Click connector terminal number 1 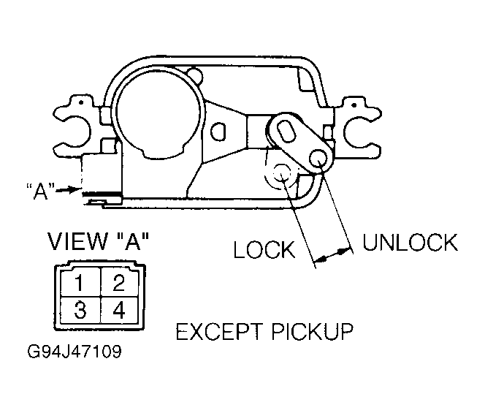(x=80, y=282)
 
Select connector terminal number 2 (x=119, y=282)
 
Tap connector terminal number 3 (x=80, y=310)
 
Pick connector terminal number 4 (x=119, y=310)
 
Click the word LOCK (x=264, y=249)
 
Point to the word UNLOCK (x=410, y=243)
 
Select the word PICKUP (x=312, y=331)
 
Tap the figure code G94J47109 (x=75, y=352)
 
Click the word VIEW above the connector (x=78, y=240)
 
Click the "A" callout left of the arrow (x=40, y=192)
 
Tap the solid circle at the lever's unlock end (x=318, y=158)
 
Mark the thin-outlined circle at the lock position (x=281, y=174)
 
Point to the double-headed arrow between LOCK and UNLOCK (x=333, y=254)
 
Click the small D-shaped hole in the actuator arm (x=218, y=132)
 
